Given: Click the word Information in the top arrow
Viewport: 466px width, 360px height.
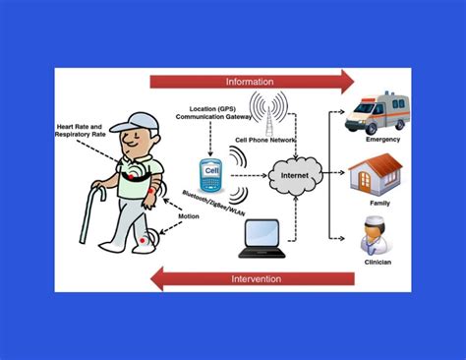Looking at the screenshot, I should tap(250, 81).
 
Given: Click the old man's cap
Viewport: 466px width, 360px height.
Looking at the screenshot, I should tap(131, 122).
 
